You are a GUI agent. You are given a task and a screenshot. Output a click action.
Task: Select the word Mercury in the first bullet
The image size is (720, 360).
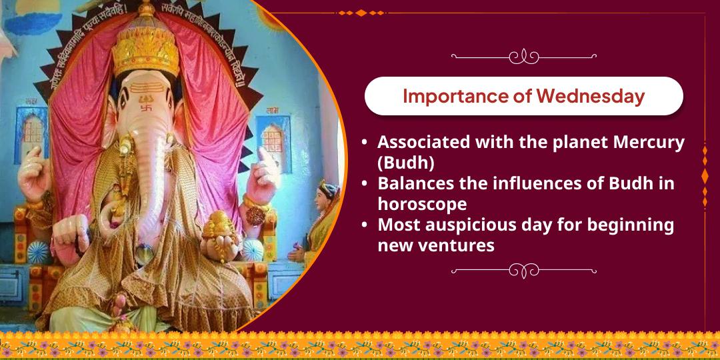644,142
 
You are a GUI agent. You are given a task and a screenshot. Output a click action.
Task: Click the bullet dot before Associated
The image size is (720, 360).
363,143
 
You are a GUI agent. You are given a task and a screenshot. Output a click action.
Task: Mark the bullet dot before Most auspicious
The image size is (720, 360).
363,225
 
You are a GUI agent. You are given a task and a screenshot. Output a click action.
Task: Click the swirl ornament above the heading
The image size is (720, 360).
523,57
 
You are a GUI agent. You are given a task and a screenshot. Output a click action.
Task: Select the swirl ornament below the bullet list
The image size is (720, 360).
523,271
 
